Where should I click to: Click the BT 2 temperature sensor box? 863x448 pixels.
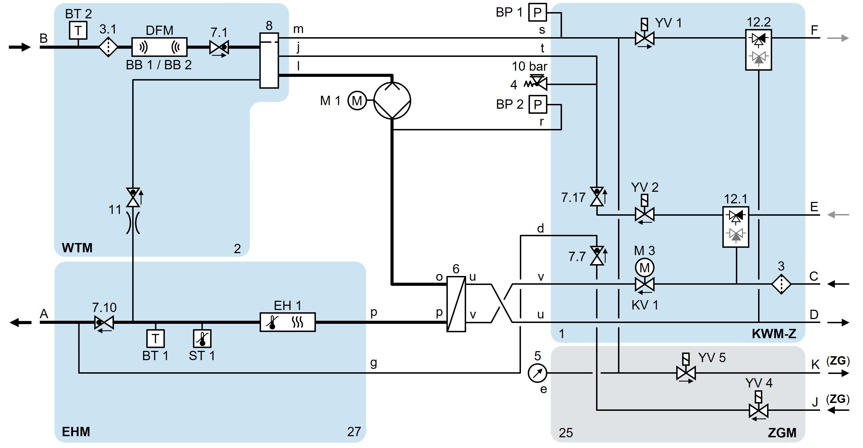[x=78, y=30]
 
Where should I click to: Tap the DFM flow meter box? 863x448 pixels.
[x=159, y=47]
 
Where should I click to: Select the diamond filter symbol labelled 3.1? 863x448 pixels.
[x=108, y=47]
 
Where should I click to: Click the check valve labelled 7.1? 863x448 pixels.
[x=219, y=47]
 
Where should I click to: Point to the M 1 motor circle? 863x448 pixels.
[x=357, y=100]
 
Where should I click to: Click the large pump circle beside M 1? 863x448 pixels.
[x=392, y=100]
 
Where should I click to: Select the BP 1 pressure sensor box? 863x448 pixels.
[x=537, y=12]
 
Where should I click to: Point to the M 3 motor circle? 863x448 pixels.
[x=644, y=268]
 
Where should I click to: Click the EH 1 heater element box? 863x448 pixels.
[x=287, y=322]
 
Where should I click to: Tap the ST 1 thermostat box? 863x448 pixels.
[x=202, y=339]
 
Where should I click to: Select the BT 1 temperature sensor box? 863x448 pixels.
[x=156, y=339]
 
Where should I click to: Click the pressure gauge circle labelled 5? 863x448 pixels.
[x=537, y=373]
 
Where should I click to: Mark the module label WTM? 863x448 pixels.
[x=77, y=248]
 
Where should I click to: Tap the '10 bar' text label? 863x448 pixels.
[x=529, y=66]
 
